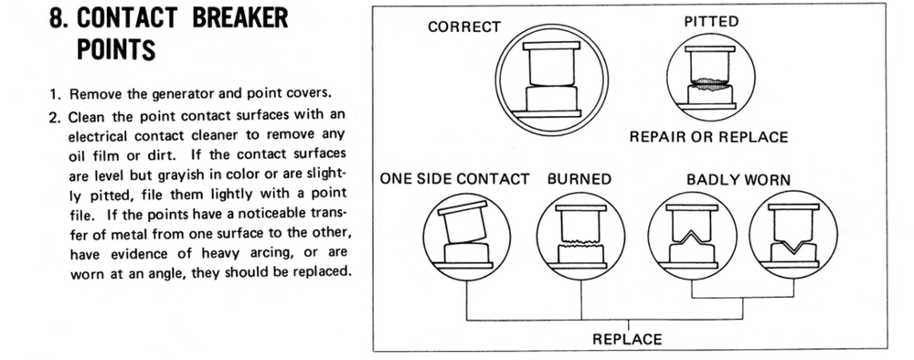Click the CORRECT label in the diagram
(464, 26)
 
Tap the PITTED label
(711, 22)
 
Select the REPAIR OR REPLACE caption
(708, 137)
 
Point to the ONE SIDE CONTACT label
(454, 179)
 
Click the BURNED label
(579, 179)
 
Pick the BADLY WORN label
(739, 179)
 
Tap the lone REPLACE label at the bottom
(627, 339)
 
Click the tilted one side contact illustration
(466, 237)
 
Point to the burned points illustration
(580, 237)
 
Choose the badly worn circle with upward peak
(692, 236)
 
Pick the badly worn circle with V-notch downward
(793, 236)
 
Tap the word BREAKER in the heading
(239, 17)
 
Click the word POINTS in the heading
(116, 49)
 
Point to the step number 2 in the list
(55, 117)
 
